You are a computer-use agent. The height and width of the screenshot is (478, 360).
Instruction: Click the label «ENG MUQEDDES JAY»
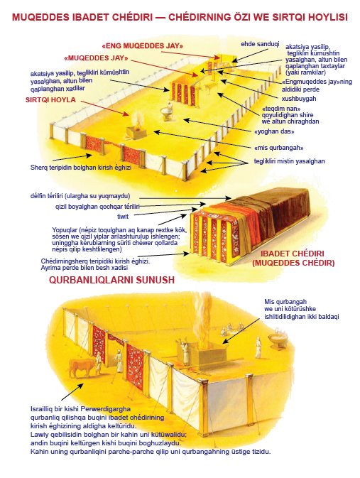point(143,46)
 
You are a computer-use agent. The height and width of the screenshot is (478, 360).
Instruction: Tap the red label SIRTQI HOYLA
point(50,100)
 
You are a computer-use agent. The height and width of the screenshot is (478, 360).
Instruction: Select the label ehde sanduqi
point(260,44)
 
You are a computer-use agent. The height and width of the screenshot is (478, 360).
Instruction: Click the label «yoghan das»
point(274,131)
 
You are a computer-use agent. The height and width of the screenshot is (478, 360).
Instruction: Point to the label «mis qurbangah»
point(278,148)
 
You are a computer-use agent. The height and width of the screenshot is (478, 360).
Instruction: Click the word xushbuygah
point(295,99)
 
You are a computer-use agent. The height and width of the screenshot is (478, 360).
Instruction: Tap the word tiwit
point(123,217)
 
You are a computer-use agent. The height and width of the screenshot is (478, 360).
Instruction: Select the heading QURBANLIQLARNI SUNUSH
point(111,280)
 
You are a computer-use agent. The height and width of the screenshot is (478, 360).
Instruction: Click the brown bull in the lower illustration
point(82,367)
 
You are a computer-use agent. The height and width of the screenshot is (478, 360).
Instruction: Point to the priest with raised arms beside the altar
point(184,352)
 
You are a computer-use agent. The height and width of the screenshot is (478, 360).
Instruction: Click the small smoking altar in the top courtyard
point(137,127)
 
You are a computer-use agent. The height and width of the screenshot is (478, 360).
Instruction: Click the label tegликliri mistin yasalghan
point(289,161)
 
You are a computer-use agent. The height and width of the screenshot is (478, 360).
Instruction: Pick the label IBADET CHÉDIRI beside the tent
point(293,254)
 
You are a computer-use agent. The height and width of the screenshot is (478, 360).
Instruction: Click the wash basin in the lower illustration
point(278,338)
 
